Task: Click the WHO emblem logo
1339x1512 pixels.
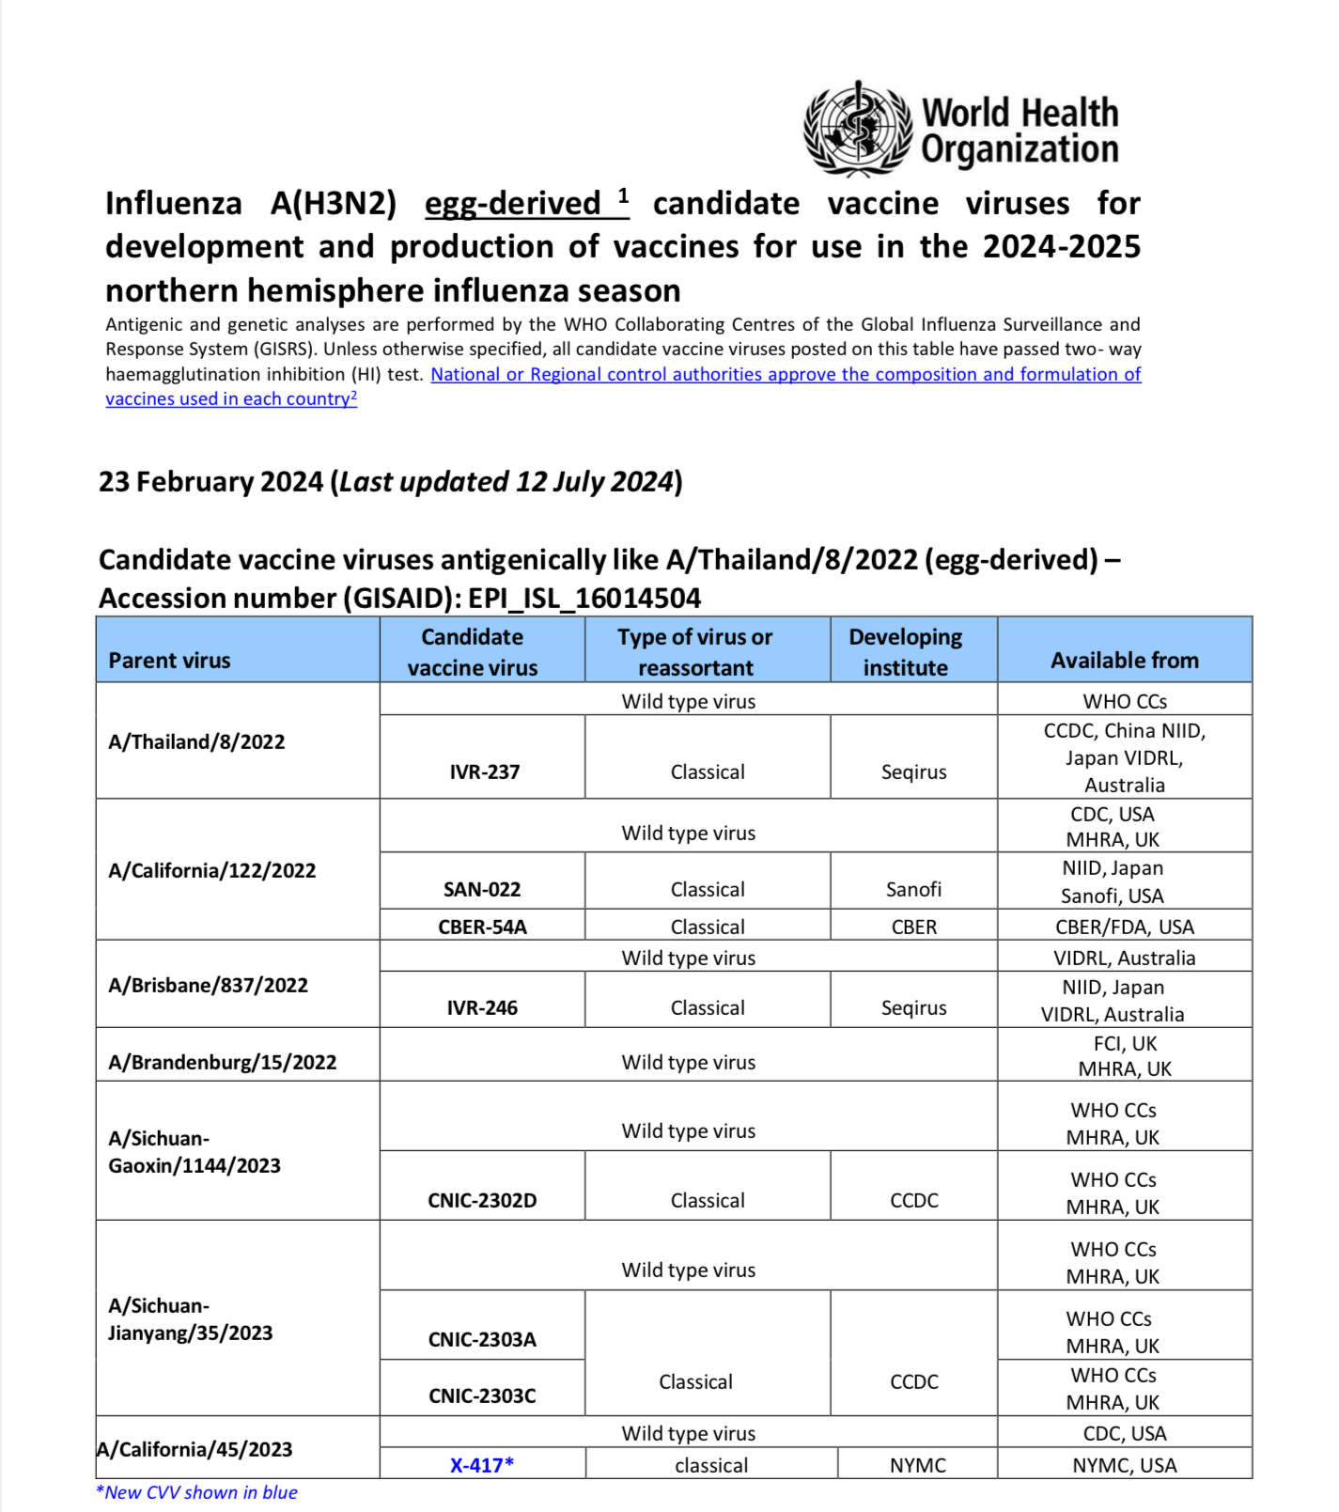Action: (858, 129)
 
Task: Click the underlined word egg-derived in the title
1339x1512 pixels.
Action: (513, 204)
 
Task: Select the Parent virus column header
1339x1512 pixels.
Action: (170, 661)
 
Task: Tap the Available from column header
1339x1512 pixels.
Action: (1125, 661)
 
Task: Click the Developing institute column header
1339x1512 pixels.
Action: (905, 652)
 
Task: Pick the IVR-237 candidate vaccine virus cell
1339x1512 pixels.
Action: (484, 772)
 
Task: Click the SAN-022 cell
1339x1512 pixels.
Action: (482, 889)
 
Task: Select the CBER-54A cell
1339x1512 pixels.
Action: (482, 927)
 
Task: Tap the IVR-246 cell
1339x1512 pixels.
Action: (482, 1007)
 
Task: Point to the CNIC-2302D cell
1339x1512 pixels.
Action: (482, 1200)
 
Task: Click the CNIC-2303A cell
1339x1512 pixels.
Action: (482, 1339)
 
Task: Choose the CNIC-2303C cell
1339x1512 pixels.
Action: (482, 1395)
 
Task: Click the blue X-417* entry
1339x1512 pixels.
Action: (482, 1465)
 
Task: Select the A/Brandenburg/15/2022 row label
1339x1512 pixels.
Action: (223, 1062)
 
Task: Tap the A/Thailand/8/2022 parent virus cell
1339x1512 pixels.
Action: (196, 741)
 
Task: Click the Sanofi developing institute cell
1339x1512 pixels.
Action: (913, 889)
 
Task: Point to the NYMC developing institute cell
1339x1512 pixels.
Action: (918, 1465)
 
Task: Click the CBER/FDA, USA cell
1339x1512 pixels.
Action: (1125, 927)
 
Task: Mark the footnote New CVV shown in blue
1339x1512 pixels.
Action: (196, 1492)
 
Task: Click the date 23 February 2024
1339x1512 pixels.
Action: (210, 482)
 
